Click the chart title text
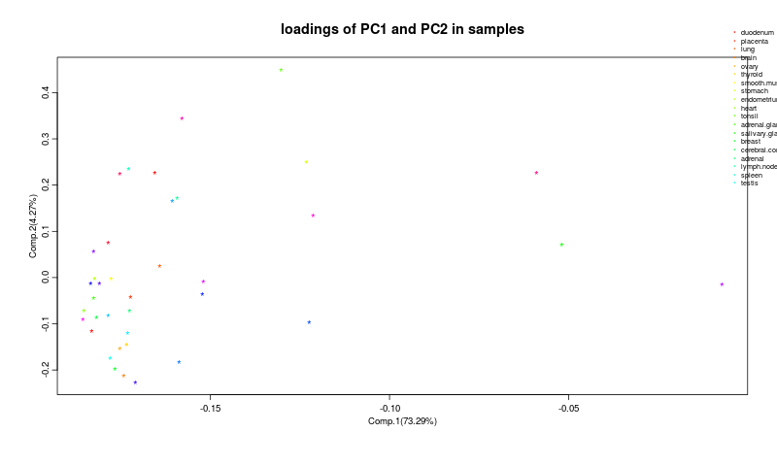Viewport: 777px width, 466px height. tap(402, 29)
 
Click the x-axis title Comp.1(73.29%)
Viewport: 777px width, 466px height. tap(402, 420)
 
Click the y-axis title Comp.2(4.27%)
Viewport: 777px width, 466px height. tap(33, 225)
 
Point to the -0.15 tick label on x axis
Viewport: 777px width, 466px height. tap(211, 408)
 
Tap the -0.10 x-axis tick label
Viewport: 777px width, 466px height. tap(389, 408)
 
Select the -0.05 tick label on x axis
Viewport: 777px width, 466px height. tap(568, 408)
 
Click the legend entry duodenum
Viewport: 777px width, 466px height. tap(757, 33)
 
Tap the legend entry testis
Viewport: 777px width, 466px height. tap(749, 183)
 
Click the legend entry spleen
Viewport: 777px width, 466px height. tap(751, 175)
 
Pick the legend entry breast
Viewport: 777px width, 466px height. tap(750, 141)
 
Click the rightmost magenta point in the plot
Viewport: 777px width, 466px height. tap(722, 284)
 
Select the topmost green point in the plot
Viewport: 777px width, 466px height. tap(281, 70)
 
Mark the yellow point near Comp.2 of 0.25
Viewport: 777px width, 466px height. tap(306, 162)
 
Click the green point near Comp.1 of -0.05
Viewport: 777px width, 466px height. tap(561, 245)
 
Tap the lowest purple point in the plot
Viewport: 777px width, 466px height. tap(135, 383)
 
